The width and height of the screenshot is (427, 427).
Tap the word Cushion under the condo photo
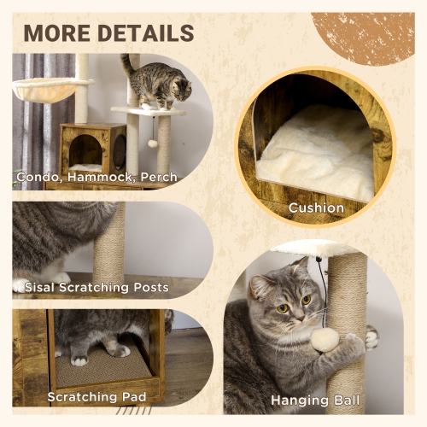point(316,208)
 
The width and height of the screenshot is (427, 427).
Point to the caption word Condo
point(39,178)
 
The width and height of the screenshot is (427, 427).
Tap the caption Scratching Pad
point(97,397)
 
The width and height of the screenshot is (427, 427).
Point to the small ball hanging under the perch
point(153,143)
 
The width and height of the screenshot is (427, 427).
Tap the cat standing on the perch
point(162,85)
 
